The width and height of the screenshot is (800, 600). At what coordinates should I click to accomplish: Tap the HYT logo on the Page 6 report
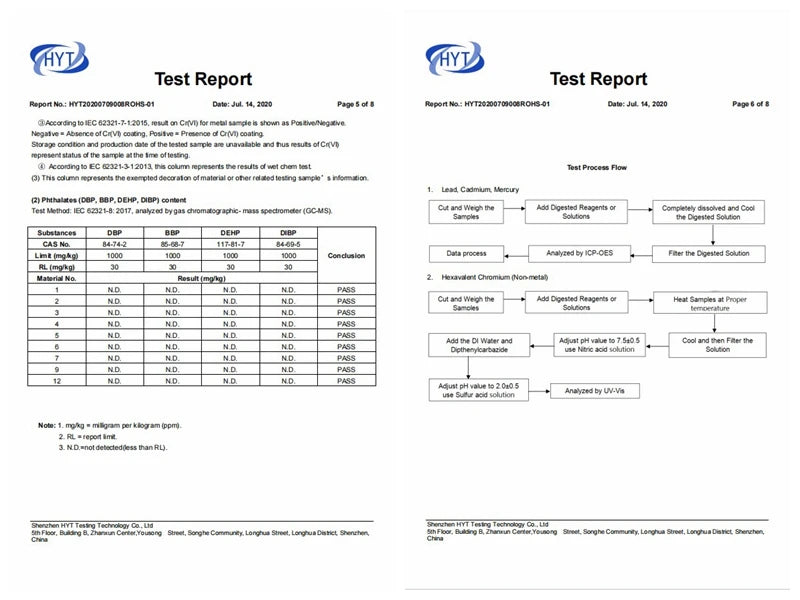pyautogui.click(x=455, y=58)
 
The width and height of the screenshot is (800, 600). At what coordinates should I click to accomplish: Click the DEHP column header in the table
pyautogui.click(x=230, y=231)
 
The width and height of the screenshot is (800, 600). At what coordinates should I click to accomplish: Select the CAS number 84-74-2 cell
pyautogui.click(x=114, y=243)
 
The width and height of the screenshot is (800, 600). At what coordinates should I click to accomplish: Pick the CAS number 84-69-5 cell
pyautogui.click(x=288, y=243)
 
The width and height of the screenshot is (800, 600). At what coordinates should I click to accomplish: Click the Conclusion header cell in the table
pyautogui.click(x=346, y=255)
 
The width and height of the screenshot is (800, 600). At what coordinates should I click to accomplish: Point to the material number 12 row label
pyautogui.click(x=57, y=380)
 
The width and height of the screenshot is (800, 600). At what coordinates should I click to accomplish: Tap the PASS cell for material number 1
pyautogui.click(x=346, y=289)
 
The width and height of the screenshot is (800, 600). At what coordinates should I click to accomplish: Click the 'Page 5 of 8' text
pyautogui.click(x=355, y=104)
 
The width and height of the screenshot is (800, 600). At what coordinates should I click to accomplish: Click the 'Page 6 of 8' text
pyautogui.click(x=751, y=104)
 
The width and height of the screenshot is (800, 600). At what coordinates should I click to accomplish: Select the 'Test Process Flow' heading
pyautogui.click(x=597, y=168)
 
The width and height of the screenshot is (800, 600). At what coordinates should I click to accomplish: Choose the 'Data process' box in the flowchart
pyautogui.click(x=466, y=253)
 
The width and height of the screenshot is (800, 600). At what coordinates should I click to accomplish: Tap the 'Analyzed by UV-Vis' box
pyautogui.click(x=595, y=391)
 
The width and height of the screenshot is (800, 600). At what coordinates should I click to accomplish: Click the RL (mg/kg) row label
pyautogui.click(x=57, y=266)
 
